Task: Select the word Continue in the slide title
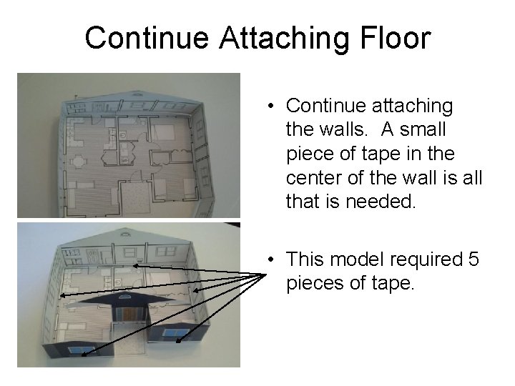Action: tap(148, 38)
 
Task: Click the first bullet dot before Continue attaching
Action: tap(273, 107)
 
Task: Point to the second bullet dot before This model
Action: tap(273, 261)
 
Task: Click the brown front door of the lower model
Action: tap(129, 315)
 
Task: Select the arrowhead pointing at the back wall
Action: tap(134, 266)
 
